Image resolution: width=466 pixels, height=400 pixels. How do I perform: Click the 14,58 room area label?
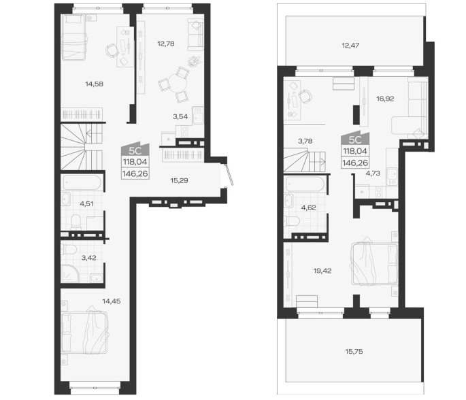click(94, 84)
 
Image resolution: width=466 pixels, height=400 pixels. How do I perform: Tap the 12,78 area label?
click(166, 44)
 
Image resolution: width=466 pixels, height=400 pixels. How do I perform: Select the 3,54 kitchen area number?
click(180, 117)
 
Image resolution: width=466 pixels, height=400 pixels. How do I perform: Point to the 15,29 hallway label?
click(179, 181)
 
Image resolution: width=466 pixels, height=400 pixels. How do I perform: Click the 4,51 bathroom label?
click(86, 204)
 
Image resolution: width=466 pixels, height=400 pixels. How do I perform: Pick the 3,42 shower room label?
click(89, 258)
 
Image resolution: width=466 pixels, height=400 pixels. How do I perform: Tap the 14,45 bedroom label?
click(112, 301)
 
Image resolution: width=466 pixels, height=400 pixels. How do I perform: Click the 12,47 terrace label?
click(350, 46)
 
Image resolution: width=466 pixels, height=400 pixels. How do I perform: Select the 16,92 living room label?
click(385, 99)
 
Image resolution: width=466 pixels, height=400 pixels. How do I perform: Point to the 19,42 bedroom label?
click(322, 271)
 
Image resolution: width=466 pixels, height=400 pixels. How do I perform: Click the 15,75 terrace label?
click(354, 352)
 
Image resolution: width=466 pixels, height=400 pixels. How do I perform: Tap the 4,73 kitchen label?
click(373, 173)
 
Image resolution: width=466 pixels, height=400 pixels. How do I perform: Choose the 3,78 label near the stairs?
click(305, 141)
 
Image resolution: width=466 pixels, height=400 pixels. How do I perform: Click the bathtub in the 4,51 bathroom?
click(82, 182)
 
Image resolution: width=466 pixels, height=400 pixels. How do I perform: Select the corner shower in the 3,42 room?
click(70, 273)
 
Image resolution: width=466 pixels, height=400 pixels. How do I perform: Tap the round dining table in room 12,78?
click(178, 83)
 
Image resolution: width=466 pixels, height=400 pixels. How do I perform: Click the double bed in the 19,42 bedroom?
click(374, 263)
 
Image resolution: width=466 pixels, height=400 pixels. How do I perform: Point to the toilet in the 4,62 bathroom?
click(292, 222)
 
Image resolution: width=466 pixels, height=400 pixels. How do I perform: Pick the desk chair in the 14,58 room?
click(112, 50)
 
